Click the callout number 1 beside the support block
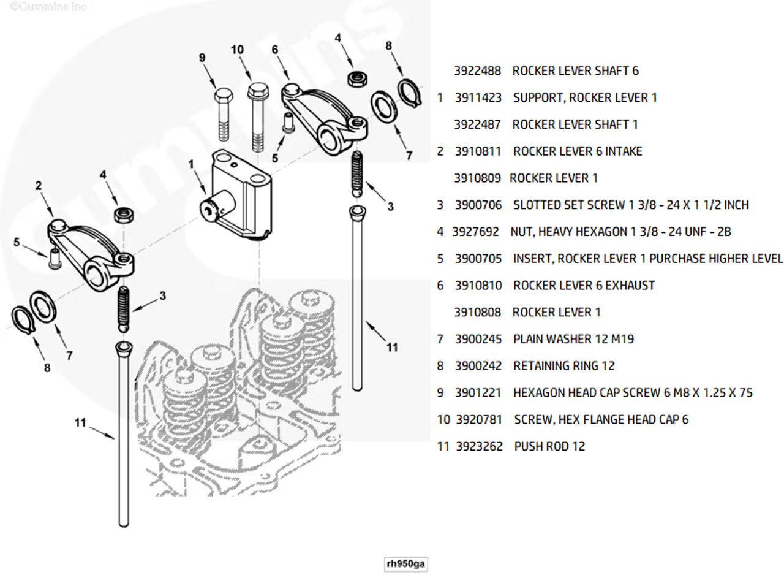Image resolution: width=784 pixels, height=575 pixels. tap(191, 164)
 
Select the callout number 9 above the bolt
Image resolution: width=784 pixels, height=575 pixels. tap(202, 58)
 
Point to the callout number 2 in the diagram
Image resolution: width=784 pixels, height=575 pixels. tap(38, 186)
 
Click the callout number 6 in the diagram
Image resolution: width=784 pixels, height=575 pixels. tap(275, 49)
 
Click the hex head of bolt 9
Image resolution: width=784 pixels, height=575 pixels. tap(223, 97)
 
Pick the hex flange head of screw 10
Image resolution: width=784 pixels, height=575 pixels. tap(257, 94)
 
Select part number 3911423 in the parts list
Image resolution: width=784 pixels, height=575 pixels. tap(478, 97)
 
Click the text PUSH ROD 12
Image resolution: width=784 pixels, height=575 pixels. tap(549, 447)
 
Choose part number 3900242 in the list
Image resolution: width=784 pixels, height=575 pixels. tap(478, 366)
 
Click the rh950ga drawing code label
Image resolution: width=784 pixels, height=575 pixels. tap(405, 564)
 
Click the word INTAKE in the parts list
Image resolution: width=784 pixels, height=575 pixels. tap(624, 151)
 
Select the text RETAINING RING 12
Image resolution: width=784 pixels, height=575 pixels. tap(563, 366)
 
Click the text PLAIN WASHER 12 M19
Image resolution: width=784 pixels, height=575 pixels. tap(573, 339)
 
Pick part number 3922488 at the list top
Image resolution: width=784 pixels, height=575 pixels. tap(477, 71)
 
